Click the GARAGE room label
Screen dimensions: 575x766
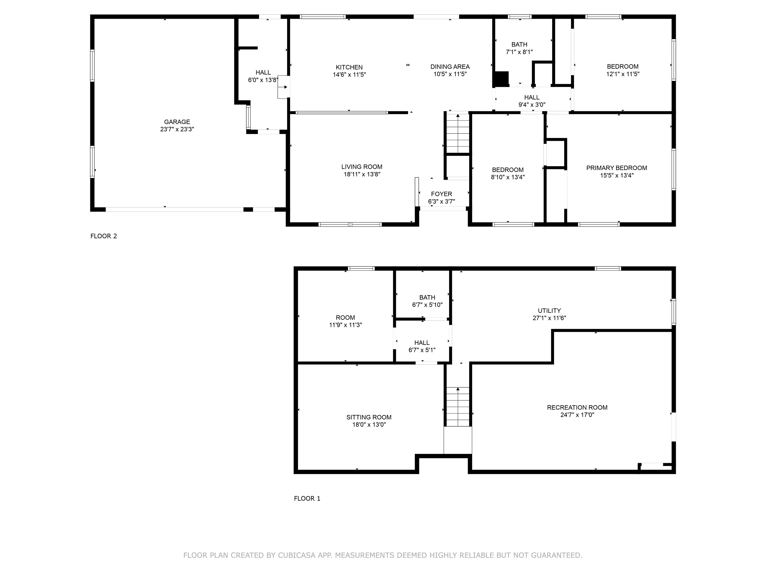177,122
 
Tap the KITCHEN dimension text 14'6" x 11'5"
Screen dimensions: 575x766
349,75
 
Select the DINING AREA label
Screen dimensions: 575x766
450,67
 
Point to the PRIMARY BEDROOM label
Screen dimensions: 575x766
616,168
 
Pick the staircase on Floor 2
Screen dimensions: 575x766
458,134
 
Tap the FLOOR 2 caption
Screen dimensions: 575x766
103,236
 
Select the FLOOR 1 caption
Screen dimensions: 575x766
307,498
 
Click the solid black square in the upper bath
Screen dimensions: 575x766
501,79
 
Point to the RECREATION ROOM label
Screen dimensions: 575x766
577,407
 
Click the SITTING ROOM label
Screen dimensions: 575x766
369,417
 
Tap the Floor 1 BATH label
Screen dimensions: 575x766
427,297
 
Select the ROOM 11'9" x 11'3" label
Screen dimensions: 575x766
345,317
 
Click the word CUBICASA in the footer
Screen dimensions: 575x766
296,555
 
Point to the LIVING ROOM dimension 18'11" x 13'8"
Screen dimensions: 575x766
362,174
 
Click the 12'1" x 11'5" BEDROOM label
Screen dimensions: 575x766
622,67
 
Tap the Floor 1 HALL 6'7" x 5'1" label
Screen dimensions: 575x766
422,343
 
